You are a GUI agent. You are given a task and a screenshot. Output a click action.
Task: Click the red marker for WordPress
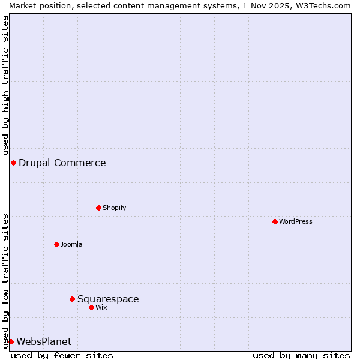[275, 221]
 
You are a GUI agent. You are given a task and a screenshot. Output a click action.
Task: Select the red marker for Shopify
[98, 208]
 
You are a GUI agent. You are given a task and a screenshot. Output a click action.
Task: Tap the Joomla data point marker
[56, 244]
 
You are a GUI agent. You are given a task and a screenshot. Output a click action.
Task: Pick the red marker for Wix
[91, 307]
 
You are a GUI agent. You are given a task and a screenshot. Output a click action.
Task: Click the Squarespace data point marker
[72, 299]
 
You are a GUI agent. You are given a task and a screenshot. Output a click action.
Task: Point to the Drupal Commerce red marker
[13, 163]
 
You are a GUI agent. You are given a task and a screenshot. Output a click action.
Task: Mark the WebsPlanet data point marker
[11, 341]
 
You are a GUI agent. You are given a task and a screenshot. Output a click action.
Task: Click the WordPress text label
[296, 221]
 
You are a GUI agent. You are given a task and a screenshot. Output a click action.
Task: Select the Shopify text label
[114, 208]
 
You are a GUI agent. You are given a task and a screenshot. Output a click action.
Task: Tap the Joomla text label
[71, 244]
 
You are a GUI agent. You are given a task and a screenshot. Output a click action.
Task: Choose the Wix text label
[101, 307]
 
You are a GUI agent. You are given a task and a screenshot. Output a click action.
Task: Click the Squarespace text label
[108, 299]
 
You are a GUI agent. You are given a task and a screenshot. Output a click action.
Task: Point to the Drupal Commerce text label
[62, 163]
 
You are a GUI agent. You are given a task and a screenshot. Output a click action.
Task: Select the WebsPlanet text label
[44, 341]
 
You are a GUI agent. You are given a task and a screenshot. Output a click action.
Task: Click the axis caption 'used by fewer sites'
[62, 355]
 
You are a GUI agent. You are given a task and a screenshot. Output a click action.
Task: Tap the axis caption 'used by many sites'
[301, 355]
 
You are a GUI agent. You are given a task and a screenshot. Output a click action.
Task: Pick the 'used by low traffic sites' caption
[5, 281]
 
